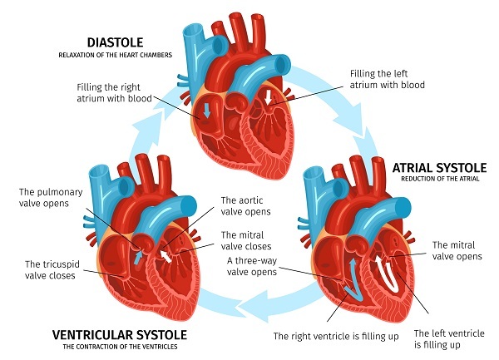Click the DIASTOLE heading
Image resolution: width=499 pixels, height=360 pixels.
(118, 41)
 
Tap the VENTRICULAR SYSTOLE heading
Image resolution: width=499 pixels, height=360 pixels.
(119, 334)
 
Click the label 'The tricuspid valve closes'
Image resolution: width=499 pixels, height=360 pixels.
(52, 269)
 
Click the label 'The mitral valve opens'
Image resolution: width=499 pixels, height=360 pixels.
(457, 251)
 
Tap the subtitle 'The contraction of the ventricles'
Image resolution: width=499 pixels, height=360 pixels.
(119, 348)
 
